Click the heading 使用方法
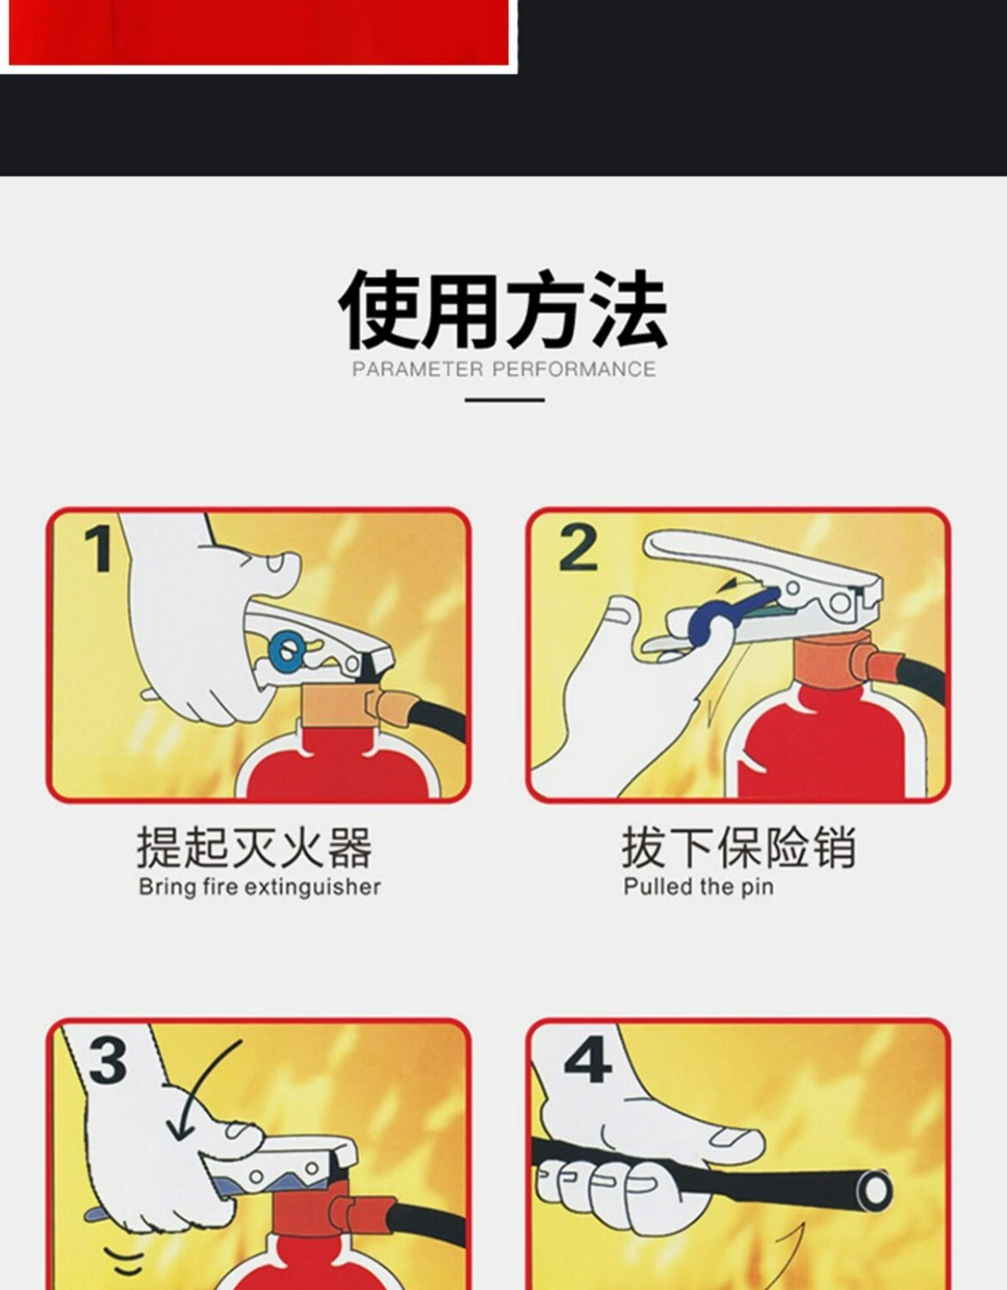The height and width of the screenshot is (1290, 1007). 503,310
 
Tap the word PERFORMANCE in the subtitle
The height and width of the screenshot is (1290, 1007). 574,369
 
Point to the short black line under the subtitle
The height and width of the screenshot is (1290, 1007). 505,400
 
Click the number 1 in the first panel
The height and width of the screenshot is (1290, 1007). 99,550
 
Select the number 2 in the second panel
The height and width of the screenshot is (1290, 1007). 577,549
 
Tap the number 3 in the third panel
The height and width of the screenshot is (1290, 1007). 107,1061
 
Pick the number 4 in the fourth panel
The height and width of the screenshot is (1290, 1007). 587,1061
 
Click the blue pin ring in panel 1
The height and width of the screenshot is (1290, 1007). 287,648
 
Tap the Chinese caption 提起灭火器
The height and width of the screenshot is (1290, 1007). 255,848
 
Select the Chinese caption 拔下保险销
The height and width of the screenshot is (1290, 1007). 738,848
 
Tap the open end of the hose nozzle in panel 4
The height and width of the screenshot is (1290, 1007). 874,1191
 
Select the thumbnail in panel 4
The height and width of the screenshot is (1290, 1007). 736,1138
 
